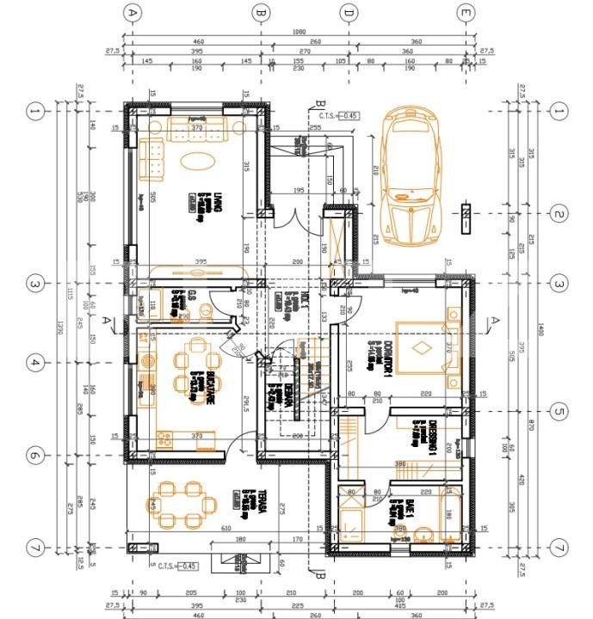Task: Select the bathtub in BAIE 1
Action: (x=451, y=514)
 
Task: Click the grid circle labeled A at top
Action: (x=132, y=12)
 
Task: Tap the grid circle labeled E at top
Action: (x=466, y=12)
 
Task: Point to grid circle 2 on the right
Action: (x=559, y=214)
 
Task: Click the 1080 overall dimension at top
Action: (x=299, y=32)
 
